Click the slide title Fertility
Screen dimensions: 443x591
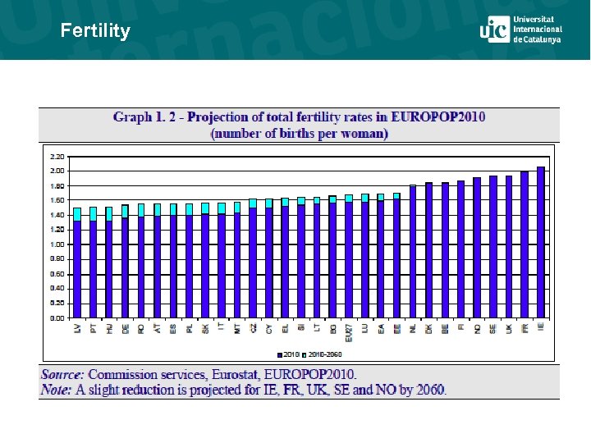[x=95, y=31]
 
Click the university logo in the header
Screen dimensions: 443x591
[x=520, y=30]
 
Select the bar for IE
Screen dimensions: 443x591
[x=540, y=242]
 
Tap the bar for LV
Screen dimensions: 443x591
[x=77, y=267]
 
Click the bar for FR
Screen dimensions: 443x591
[x=525, y=244]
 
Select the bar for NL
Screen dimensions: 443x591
[x=413, y=252]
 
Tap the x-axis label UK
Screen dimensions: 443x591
[x=509, y=328]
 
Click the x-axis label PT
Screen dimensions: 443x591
[x=94, y=328]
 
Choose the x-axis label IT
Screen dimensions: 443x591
[x=222, y=328]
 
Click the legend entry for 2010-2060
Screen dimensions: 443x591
[x=324, y=354]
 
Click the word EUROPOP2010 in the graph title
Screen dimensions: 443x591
[x=438, y=116]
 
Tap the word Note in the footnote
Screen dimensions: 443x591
[x=57, y=389]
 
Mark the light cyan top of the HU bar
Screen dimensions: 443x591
[x=109, y=213]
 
